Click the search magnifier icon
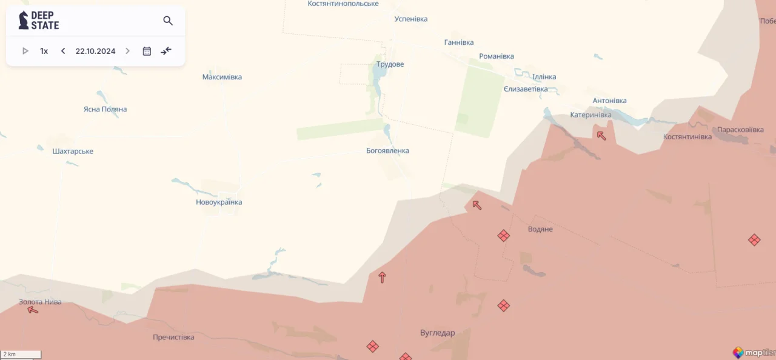point(168,21)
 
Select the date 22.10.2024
point(95,51)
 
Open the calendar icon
point(147,51)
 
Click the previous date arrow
point(63,51)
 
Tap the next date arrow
point(127,51)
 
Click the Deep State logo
point(39,21)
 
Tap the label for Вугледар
point(437,333)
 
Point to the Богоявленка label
point(387,150)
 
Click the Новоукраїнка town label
point(219,202)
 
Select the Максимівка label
point(222,77)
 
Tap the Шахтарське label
point(73,151)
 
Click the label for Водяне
point(540,229)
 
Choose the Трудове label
point(390,64)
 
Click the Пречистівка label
point(173,337)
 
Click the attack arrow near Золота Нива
point(33,310)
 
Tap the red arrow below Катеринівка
point(601,135)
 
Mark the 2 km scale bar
point(21,354)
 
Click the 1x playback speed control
point(44,51)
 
